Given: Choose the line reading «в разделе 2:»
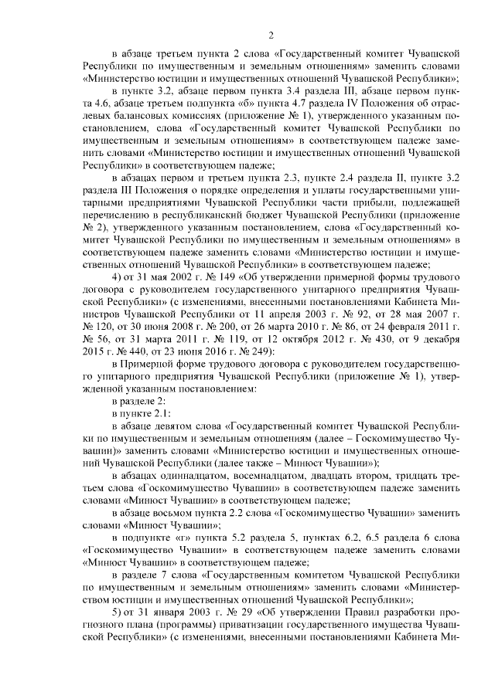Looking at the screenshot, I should pos(138,403).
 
